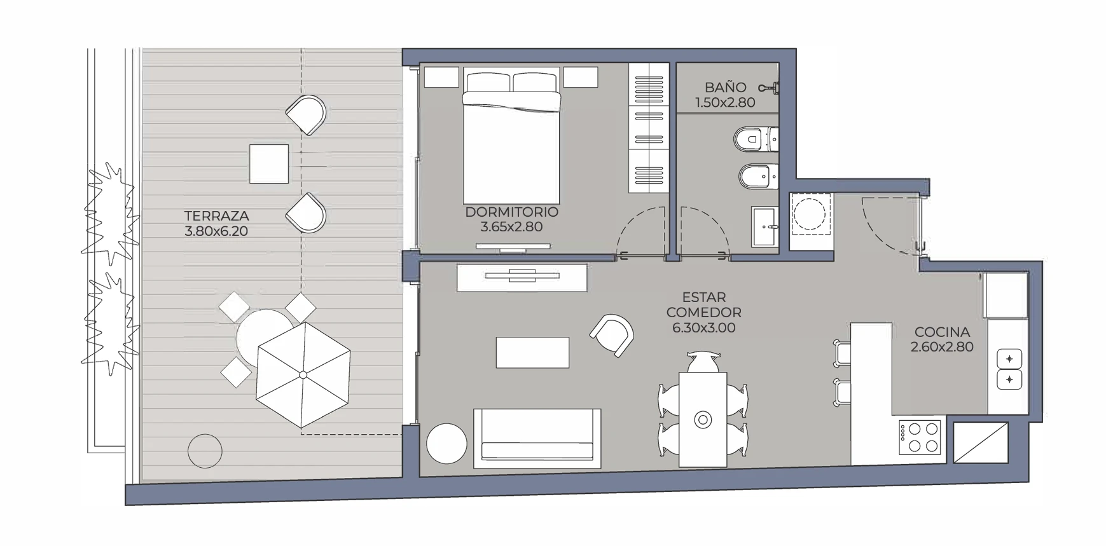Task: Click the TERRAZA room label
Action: [216, 216]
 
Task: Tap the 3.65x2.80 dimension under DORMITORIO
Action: [511, 227]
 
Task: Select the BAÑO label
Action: [725, 87]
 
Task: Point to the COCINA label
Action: [942, 332]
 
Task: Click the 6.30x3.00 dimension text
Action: [703, 328]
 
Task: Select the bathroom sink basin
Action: [764, 226]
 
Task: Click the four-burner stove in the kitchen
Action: [920, 437]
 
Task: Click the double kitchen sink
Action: [1009, 369]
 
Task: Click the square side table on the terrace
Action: [269, 164]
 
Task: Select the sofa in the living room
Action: [537, 439]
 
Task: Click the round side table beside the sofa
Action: [447, 443]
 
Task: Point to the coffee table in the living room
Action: [533, 352]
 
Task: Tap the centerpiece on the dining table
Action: [703, 420]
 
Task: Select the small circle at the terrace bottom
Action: [205, 451]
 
